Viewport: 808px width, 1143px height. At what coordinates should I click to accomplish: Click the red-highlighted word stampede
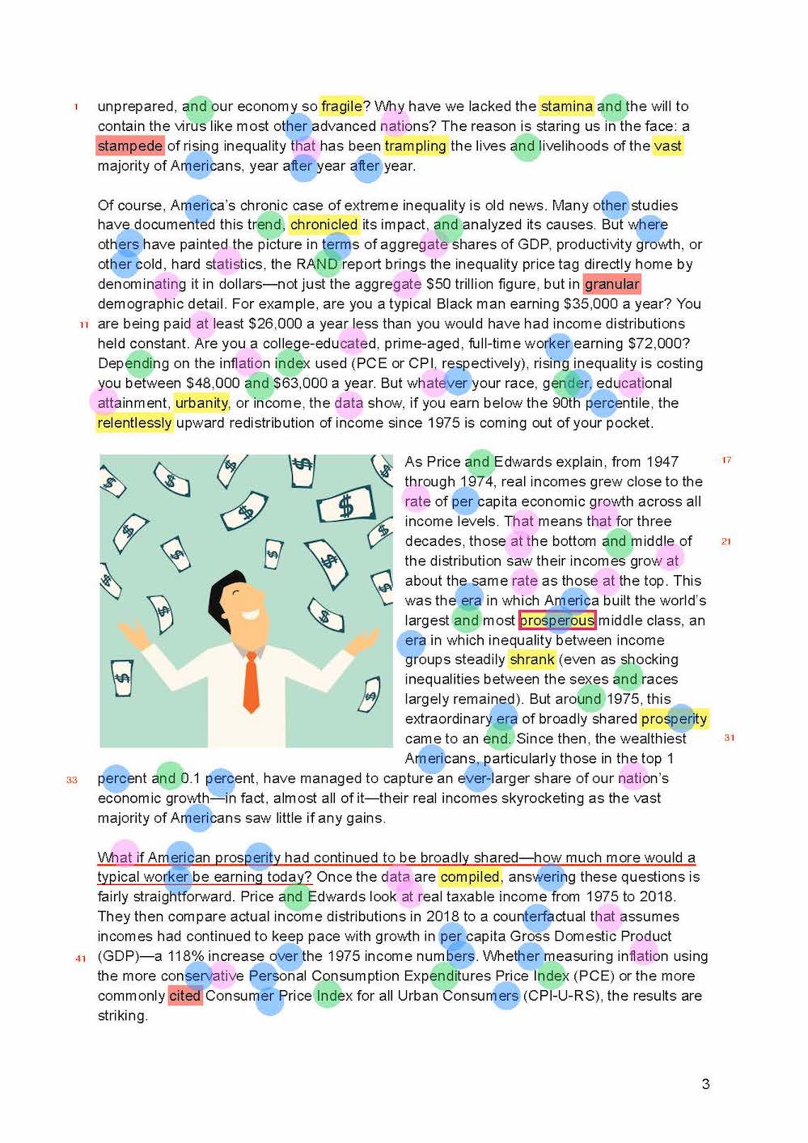pyautogui.click(x=130, y=146)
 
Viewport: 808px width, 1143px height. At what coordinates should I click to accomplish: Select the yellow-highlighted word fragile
pyautogui.click(x=341, y=106)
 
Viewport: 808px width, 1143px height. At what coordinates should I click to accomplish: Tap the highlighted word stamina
pyautogui.click(x=566, y=106)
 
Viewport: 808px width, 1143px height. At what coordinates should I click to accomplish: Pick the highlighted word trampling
pyautogui.click(x=416, y=146)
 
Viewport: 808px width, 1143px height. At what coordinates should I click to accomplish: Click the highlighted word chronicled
pyautogui.click(x=324, y=225)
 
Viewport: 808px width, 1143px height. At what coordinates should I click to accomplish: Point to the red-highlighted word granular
pyautogui.click(x=612, y=284)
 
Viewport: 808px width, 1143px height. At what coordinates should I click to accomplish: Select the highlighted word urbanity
pyautogui.click(x=201, y=403)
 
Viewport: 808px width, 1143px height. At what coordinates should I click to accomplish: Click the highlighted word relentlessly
pyautogui.click(x=134, y=422)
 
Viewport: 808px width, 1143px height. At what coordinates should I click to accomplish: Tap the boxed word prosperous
pyautogui.click(x=557, y=620)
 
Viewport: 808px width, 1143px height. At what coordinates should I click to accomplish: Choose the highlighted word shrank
pyautogui.click(x=531, y=660)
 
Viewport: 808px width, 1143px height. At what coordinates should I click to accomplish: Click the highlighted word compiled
pyautogui.click(x=470, y=877)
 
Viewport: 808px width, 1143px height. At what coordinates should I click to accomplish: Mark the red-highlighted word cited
pyautogui.click(x=184, y=996)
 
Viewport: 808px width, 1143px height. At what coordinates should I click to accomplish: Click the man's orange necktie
pyautogui.click(x=252, y=683)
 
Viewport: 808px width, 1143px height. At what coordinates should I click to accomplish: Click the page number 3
pyautogui.click(x=705, y=1084)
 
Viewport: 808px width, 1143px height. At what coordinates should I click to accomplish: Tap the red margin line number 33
pyautogui.click(x=72, y=780)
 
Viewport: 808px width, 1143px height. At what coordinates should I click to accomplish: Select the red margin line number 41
pyautogui.click(x=81, y=959)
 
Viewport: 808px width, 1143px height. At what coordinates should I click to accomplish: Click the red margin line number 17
pyautogui.click(x=726, y=460)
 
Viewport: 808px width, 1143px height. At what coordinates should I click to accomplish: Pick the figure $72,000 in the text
pyautogui.click(x=658, y=344)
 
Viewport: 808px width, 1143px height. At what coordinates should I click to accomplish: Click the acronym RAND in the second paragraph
pyautogui.click(x=317, y=265)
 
